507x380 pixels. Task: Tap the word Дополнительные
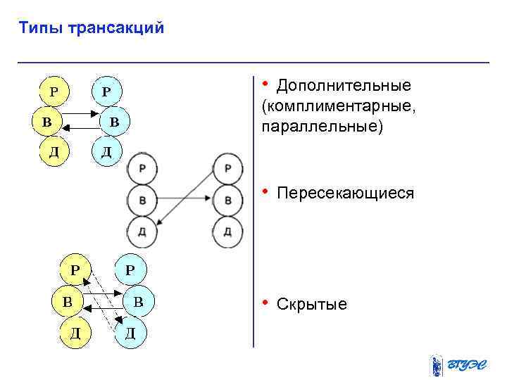pyautogui.click(x=344, y=86)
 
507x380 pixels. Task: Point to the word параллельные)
pyautogui.click(x=323, y=127)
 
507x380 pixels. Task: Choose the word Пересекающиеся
pyautogui.click(x=346, y=193)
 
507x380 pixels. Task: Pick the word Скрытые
pyautogui.click(x=312, y=304)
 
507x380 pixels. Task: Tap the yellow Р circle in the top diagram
pyautogui.click(x=54, y=91)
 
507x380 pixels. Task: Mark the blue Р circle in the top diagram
pyautogui.click(x=106, y=91)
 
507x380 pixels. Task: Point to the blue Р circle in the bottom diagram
pyautogui.click(x=131, y=270)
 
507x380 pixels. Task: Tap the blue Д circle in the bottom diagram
pyautogui.click(x=131, y=332)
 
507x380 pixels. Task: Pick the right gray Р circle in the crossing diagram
pyautogui.click(x=227, y=169)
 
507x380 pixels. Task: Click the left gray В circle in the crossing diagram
pyautogui.click(x=143, y=201)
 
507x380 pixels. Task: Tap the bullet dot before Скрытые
pyautogui.click(x=265, y=303)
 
